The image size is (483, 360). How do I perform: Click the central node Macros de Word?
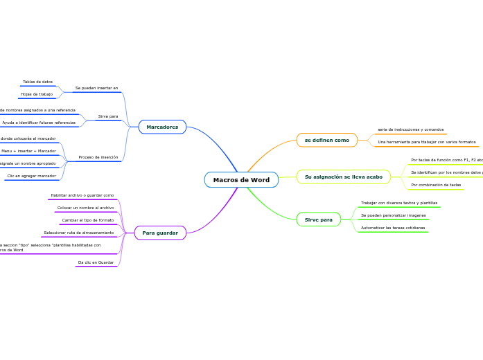(241, 180)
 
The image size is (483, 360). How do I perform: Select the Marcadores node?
(162, 127)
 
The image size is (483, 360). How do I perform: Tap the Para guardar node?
(160, 233)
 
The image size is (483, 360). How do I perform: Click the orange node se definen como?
(327, 140)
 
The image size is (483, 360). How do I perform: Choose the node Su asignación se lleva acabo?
(344, 177)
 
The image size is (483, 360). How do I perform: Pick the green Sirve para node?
(319, 219)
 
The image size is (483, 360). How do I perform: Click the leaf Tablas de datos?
(37, 82)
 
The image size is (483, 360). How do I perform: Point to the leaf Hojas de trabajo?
(37, 94)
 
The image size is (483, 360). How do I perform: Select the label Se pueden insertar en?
(96, 88)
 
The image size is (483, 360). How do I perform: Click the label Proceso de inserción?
(98, 157)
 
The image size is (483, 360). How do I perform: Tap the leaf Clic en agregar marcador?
(31, 176)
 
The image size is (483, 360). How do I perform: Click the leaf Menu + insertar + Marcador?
(28, 150)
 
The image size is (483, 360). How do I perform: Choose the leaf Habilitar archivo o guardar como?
(82, 195)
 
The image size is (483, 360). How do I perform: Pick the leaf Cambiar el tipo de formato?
(88, 220)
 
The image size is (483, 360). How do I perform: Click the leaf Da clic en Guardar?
(96, 262)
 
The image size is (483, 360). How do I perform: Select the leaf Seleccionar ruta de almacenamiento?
(78, 233)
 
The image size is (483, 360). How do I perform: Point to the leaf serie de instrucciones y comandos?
(410, 129)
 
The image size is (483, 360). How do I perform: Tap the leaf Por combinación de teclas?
(436, 185)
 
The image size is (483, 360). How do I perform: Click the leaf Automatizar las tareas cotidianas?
(393, 228)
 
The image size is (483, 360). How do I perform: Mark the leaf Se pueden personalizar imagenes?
(394, 215)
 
